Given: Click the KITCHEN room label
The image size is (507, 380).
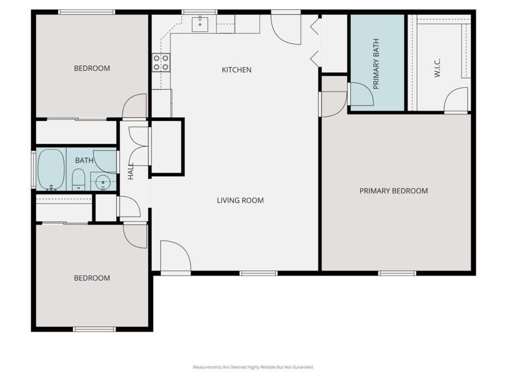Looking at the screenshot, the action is click(236, 70).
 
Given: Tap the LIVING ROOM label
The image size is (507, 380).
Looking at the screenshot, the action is click(240, 200).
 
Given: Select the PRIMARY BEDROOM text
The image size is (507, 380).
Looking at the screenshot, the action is click(394, 191).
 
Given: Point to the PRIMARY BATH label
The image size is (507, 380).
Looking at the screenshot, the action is click(376, 64).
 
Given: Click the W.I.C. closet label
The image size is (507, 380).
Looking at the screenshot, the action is click(438, 68).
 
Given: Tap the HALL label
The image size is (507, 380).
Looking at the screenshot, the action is click(131, 171).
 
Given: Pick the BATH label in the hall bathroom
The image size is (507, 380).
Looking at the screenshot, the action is click(84, 160).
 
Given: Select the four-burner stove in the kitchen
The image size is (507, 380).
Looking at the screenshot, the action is click(161, 63).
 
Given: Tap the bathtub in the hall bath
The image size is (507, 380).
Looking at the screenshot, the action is click(51, 169).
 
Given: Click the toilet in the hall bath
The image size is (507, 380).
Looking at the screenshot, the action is click(78, 180).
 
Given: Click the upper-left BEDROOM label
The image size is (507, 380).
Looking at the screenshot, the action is click(92, 68).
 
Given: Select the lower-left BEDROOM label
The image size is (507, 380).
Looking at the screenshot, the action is click(92, 278).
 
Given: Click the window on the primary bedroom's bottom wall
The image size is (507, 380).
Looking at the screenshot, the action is click(397, 273).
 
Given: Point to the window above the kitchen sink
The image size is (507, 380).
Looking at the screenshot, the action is click(199, 12).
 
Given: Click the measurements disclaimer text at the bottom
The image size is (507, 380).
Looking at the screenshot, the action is click(253, 367).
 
